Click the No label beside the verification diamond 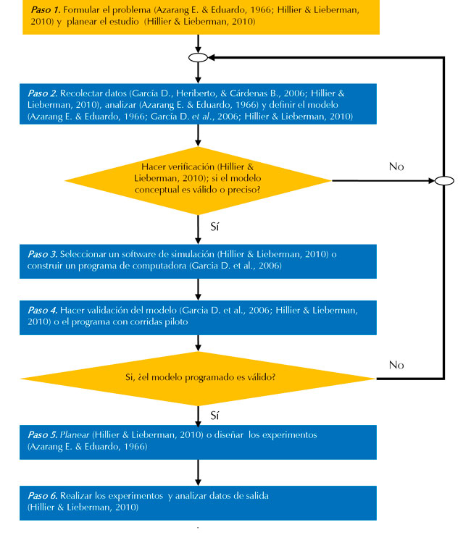click(x=396, y=167)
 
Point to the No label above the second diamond click(x=396, y=364)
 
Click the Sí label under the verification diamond click(x=214, y=227)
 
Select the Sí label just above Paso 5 click(x=214, y=416)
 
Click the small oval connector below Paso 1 click(x=198, y=56)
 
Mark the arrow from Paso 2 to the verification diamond click(x=198, y=138)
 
